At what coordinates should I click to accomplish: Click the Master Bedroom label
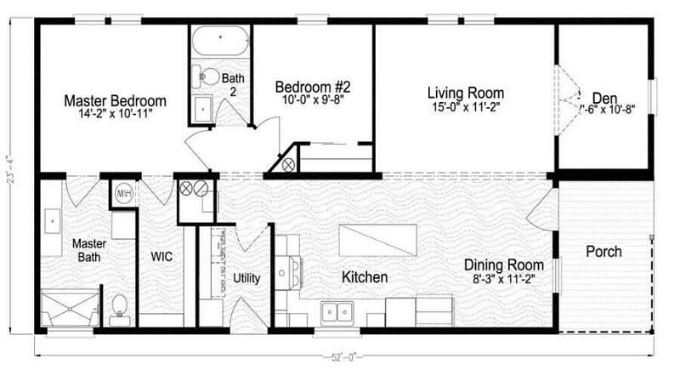coord(115,100)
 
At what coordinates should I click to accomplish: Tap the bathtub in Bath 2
coord(219,41)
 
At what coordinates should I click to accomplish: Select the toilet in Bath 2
coord(204,77)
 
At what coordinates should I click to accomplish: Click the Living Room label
coord(465,93)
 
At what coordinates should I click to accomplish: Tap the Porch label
coord(603,252)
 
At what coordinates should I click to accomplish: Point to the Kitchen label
coord(365,277)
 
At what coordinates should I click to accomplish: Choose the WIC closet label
coord(161,255)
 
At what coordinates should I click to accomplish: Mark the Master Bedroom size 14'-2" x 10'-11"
coord(115,114)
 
